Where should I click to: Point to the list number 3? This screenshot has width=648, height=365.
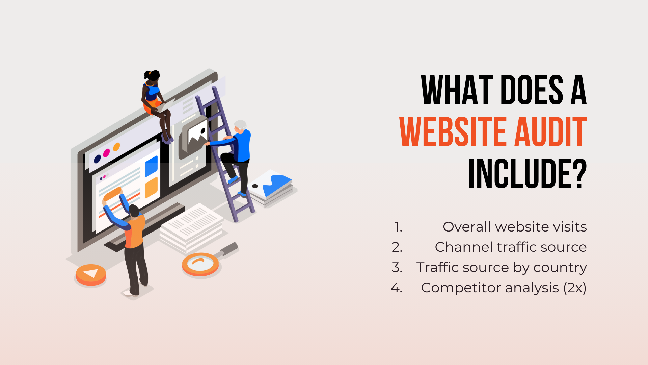coord(397,268)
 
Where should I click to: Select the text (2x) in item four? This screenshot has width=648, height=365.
coord(575,288)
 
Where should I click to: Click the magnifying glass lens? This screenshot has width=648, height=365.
coord(200,264)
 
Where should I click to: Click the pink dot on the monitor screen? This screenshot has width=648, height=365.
coord(106,153)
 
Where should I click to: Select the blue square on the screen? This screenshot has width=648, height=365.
coord(151,166)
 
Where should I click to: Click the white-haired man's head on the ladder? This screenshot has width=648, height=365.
coord(240,125)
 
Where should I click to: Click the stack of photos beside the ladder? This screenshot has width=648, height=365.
coord(272,188)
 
